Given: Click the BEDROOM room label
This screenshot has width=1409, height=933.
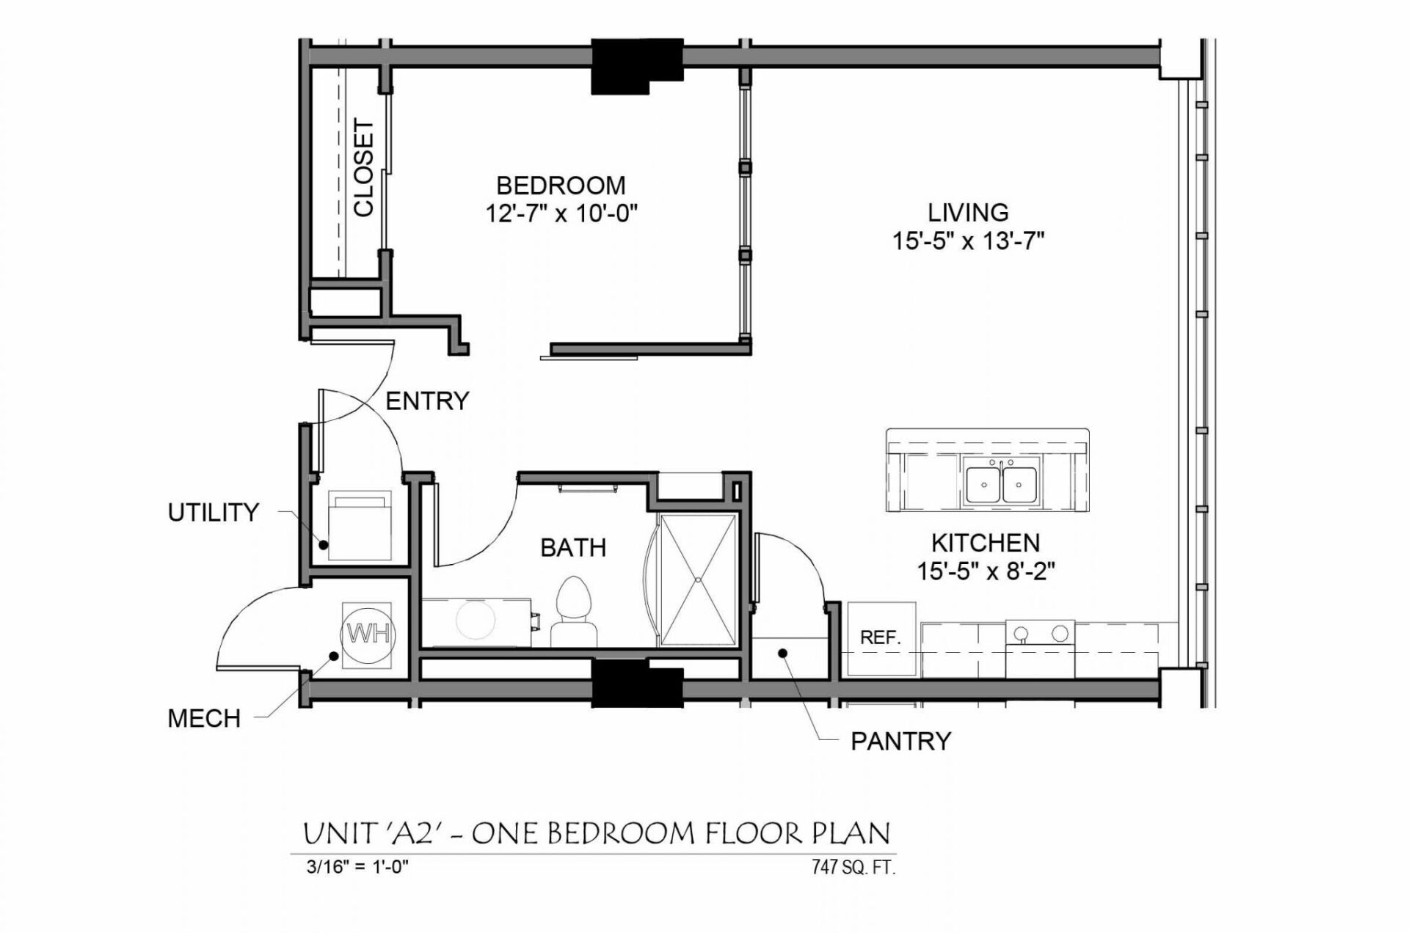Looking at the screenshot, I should click(561, 185).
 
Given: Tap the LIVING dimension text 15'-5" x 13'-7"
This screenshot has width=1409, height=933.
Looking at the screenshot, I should click(968, 241).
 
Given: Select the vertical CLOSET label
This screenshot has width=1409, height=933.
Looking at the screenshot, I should click(364, 168).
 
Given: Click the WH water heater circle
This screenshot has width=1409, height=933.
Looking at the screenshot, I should click(368, 634).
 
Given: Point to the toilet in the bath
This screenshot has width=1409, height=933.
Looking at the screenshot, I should click(573, 610).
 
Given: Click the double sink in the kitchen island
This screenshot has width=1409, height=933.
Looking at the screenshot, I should click(1001, 484).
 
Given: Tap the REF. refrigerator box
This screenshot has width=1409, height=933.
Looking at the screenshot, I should click(881, 638).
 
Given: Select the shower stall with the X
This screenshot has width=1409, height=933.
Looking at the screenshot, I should click(698, 580).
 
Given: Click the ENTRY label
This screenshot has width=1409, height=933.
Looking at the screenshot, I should click(427, 401).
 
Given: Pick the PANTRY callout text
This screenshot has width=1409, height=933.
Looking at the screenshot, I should click(900, 742).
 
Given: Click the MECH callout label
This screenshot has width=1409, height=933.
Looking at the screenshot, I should click(204, 718).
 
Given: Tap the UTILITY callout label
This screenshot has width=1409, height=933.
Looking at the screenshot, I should click(213, 512).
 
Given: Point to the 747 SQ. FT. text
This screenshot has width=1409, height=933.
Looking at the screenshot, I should click(853, 867).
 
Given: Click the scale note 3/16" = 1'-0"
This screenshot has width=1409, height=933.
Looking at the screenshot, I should click(357, 867).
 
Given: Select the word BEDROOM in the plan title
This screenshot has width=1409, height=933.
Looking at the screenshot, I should click(621, 834).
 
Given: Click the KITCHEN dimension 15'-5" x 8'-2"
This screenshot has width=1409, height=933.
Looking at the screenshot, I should click(986, 571).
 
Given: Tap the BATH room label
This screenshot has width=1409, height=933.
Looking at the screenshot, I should click(573, 547).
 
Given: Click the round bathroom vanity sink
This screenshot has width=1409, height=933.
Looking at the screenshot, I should click(476, 621).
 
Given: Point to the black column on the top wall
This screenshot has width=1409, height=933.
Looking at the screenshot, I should click(636, 66).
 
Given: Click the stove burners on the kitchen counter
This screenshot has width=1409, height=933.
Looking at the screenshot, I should click(1040, 633).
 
